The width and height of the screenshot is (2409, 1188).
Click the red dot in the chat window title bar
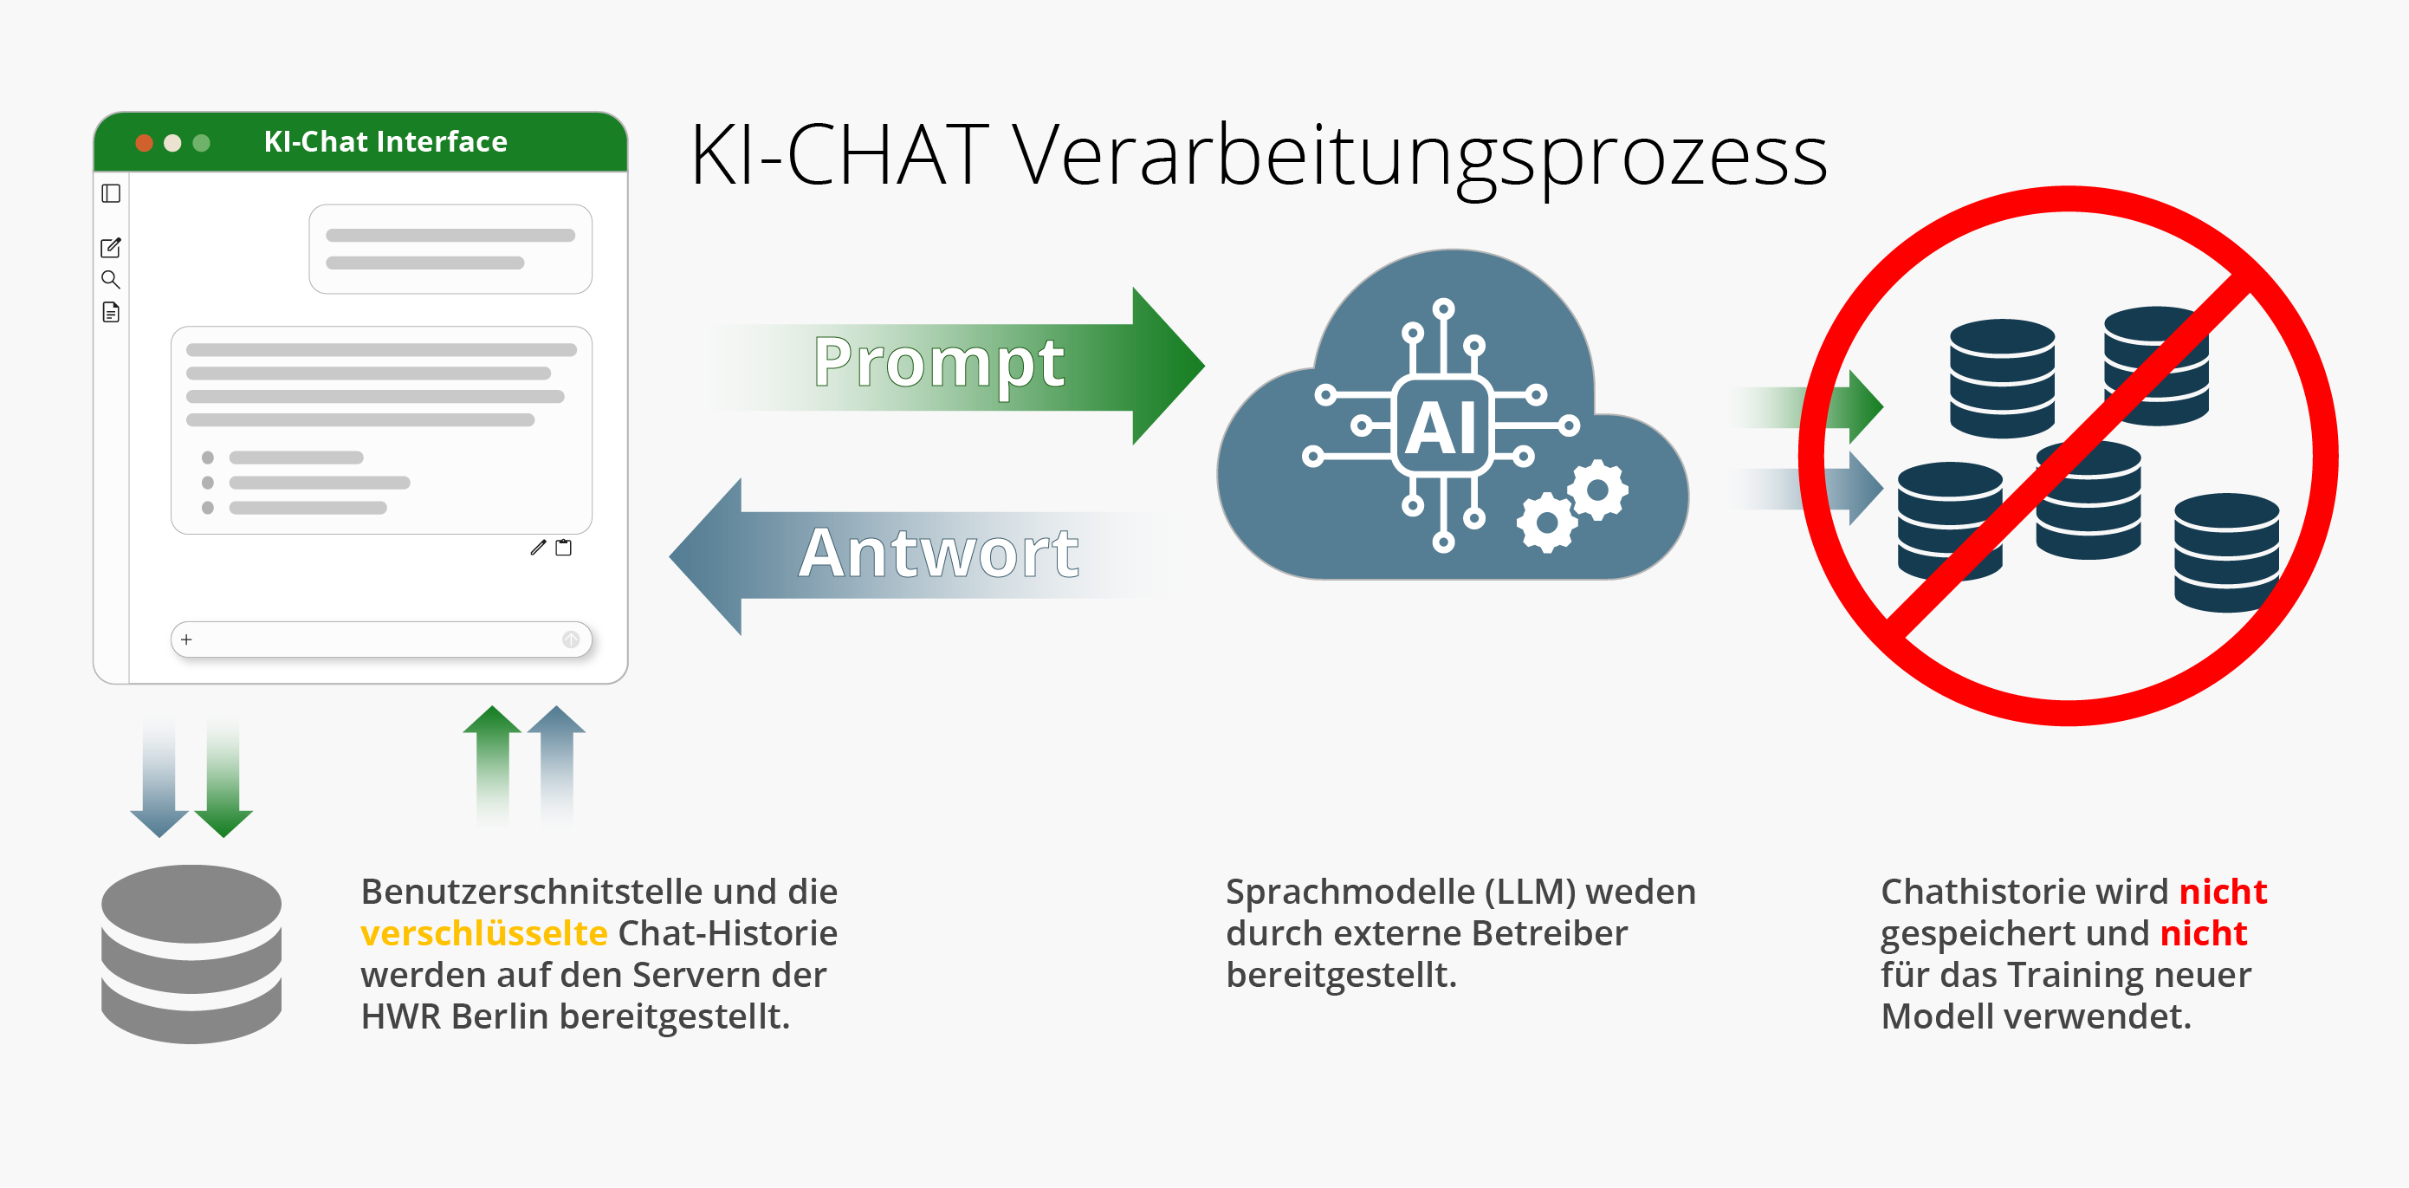click(144, 143)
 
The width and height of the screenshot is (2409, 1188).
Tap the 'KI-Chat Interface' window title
click(385, 141)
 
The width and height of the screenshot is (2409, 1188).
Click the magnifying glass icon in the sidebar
click(110, 280)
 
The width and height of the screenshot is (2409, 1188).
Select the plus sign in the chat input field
click(187, 639)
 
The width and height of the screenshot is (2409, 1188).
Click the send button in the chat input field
click(571, 639)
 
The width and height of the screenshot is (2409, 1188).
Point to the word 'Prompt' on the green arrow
click(938, 363)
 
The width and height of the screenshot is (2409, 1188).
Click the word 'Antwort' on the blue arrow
click(938, 554)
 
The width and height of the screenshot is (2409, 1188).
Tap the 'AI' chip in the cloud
click(1443, 426)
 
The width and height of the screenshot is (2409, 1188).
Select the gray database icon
click(191, 953)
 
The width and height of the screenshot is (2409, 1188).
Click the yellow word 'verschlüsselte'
click(483, 933)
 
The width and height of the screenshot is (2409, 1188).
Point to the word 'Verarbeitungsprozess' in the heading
click(1419, 156)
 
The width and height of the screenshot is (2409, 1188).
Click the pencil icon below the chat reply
click(538, 549)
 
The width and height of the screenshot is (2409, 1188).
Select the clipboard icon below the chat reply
click(564, 549)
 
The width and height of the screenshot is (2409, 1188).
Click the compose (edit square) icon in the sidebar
click(110, 248)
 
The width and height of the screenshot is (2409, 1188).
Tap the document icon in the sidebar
click(110, 313)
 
